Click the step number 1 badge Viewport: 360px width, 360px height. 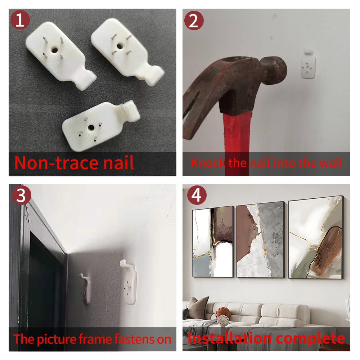[20, 20]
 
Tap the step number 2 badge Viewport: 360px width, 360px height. [194, 21]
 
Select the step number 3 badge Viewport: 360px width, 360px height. [21, 195]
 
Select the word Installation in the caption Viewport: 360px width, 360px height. [230, 338]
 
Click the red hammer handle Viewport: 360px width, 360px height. [236, 145]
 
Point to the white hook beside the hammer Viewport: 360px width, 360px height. [308, 64]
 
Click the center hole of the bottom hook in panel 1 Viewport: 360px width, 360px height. [91, 127]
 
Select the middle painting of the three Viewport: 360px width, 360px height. [261, 240]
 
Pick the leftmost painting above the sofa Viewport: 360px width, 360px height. [213, 242]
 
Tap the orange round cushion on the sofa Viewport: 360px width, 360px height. [223, 312]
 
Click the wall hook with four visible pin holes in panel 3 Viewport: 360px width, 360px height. [129, 282]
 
